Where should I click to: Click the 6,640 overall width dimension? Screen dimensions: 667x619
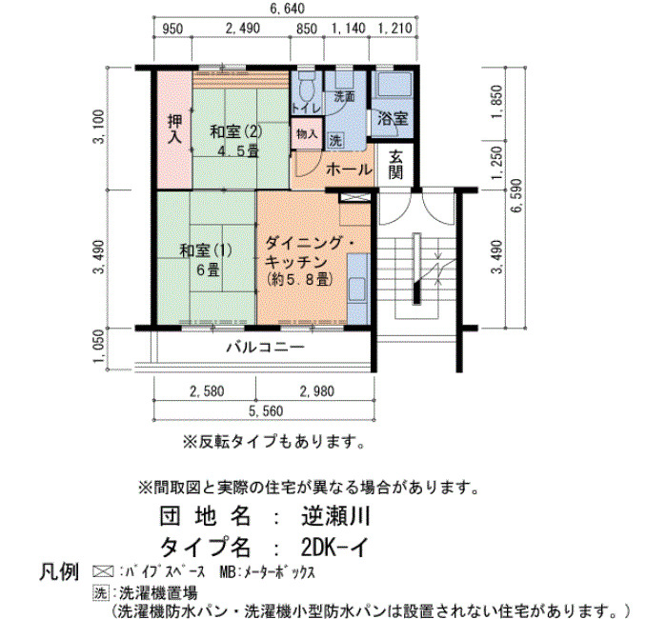point(287,8)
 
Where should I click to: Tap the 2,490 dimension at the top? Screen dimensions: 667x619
point(242,29)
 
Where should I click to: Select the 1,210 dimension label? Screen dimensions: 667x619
point(394,29)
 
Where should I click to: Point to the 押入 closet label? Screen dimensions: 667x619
point(174,129)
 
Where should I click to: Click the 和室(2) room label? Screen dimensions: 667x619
point(236,131)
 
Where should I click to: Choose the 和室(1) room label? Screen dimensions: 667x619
point(206,250)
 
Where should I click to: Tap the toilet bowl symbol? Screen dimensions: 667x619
point(306,88)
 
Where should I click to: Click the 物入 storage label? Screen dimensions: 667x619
point(307,134)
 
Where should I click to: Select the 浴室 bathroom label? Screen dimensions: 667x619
point(393,119)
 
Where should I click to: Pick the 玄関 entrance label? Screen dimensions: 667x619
point(395,165)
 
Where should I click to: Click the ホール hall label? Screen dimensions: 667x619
point(349,170)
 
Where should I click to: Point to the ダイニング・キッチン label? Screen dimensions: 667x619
point(310,253)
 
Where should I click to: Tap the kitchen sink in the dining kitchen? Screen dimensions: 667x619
point(357,290)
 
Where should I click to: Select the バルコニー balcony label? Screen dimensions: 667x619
point(266,348)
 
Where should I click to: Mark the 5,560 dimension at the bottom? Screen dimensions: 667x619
point(266,411)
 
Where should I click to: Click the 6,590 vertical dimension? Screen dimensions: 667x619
point(517,196)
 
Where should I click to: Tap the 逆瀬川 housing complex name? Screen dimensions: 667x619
point(336,516)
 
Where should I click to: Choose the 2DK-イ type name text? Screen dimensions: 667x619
point(334,548)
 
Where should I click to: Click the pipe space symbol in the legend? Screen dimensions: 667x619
point(103,571)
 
